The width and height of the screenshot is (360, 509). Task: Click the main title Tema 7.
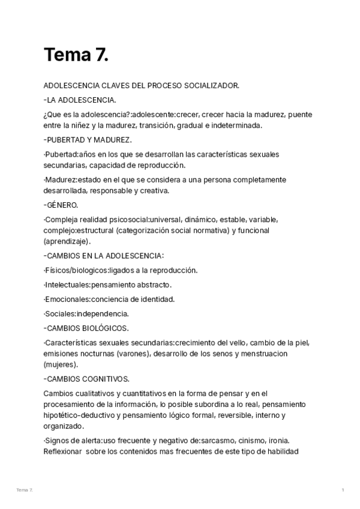click(x=76, y=55)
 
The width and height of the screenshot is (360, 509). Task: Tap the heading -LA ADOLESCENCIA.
click(x=80, y=100)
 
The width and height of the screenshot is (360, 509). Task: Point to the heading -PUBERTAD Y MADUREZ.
click(x=88, y=140)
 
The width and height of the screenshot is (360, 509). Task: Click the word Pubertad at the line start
click(x=61, y=154)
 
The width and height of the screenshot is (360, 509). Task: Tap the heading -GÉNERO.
click(x=61, y=205)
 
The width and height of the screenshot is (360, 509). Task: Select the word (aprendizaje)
click(x=67, y=241)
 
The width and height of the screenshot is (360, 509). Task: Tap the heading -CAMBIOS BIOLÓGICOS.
click(x=86, y=328)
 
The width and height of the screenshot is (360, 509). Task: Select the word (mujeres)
click(x=61, y=364)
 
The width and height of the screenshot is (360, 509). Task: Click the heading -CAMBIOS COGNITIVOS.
click(x=86, y=379)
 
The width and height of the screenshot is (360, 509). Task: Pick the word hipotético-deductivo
click(x=82, y=415)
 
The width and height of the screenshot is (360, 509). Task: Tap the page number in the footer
click(x=343, y=490)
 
